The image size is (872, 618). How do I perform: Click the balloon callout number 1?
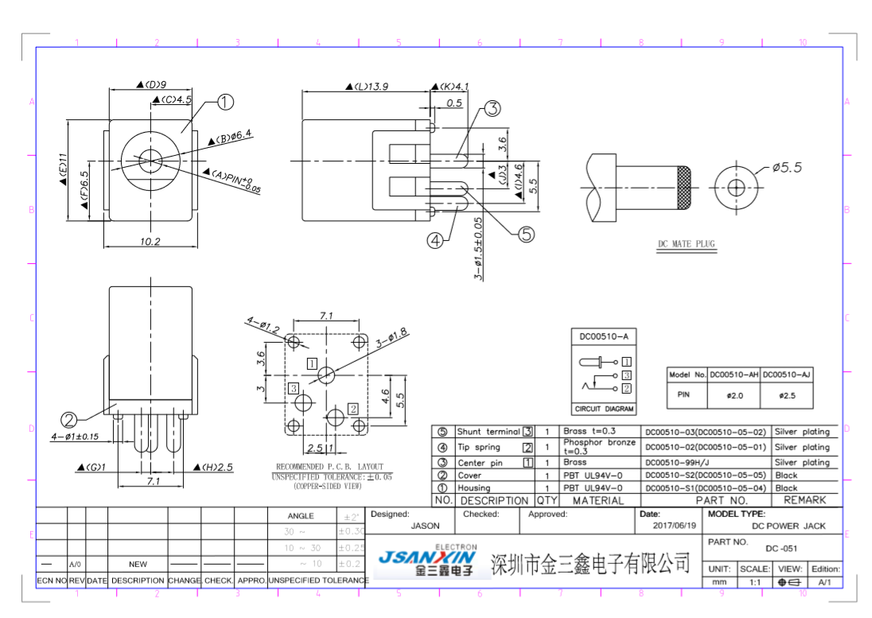225,102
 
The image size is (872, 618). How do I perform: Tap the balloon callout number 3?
492,109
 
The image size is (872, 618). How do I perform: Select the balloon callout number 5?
527,234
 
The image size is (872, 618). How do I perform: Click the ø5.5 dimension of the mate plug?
787,168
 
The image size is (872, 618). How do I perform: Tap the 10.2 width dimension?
150,241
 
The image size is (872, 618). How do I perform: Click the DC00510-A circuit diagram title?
605,337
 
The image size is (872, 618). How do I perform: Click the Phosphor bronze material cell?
599,447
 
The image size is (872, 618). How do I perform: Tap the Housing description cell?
474,488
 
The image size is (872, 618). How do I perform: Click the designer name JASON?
425,526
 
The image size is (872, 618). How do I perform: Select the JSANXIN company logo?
426,560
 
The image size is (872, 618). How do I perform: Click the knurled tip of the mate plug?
683,189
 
